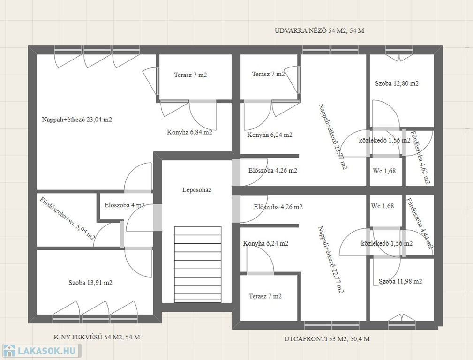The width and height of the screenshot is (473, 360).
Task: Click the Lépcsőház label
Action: (x=197, y=190)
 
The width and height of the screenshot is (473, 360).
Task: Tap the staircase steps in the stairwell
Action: (x=197, y=264)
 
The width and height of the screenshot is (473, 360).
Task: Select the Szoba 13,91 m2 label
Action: (x=90, y=283)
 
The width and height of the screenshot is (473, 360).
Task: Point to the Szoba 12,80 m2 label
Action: (x=397, y=83)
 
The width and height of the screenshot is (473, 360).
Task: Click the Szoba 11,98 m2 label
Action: (x=400, y=281)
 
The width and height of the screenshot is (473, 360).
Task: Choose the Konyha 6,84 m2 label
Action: (x=189, y=132)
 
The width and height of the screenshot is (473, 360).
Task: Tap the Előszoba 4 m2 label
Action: (x=125, y=205)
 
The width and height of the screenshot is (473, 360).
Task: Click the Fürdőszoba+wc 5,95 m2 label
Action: (x=67, y=218)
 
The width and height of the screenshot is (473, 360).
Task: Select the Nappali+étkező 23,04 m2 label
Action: (x=77, y=120)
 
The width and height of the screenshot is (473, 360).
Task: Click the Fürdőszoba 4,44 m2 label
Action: (x=420, y=223)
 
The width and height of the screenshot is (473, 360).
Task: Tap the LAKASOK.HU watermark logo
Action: (x=41, y=351)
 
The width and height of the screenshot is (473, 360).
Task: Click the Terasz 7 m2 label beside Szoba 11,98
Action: (x=265, y=296)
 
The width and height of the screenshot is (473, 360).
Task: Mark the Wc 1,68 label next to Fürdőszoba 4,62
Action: (x=384, y=171)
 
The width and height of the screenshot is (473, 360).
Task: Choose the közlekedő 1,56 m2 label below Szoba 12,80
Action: (x=384, y=140)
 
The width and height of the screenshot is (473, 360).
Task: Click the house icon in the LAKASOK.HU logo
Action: (x=9, y=351)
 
